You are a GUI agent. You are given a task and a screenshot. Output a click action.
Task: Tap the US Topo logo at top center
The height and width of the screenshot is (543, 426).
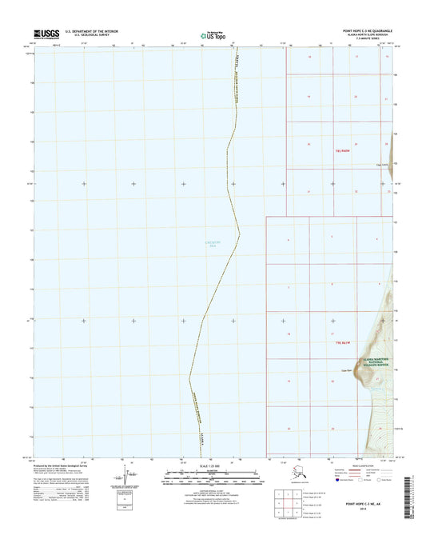210,35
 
